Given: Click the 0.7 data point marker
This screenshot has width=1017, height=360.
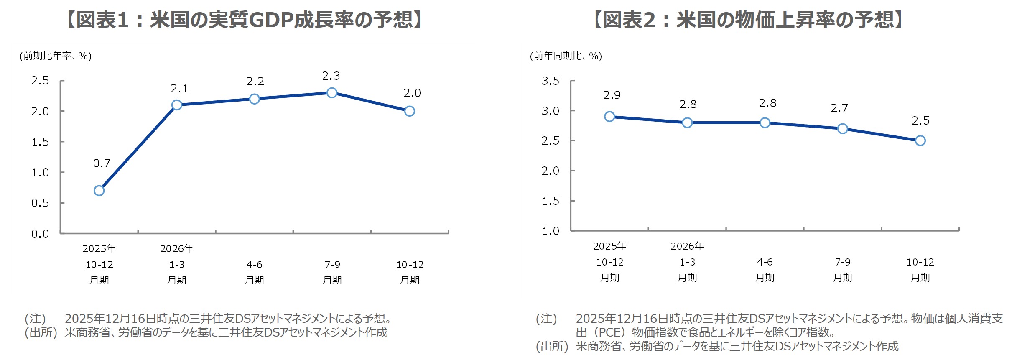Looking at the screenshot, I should coord(99,191).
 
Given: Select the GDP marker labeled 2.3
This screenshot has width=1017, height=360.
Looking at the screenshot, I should coord(332,93).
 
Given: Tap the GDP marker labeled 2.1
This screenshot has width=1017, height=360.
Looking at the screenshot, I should coord(177,105).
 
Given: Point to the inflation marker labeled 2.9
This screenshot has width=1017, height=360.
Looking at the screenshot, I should coord(609,117).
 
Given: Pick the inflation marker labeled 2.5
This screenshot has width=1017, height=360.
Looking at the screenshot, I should coord(920,141).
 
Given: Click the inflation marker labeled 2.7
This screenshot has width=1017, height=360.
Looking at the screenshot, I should coord(843,129).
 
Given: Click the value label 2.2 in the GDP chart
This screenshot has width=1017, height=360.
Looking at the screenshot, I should coord(255,82).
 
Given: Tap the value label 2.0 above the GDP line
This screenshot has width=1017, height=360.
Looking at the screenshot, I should coord(412,93).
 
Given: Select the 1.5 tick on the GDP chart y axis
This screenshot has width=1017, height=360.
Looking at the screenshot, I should coord(40,142).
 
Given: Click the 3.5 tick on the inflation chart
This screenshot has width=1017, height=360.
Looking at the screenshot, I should coord(551,81).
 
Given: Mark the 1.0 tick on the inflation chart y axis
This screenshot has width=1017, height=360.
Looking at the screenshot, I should coord(551,231).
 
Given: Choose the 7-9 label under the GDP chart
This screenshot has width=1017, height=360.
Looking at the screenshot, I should coord(332,265).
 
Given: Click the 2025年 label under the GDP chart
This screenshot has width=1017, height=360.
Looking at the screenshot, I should coord(99,249).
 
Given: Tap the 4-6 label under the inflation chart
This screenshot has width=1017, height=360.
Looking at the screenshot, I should coord(765,262).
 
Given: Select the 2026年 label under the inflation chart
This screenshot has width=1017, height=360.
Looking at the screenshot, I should coord(687,246).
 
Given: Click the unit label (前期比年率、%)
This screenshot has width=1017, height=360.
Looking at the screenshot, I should coord(56,56).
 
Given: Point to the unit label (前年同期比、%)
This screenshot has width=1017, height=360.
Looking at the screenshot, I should coord(566,56).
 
